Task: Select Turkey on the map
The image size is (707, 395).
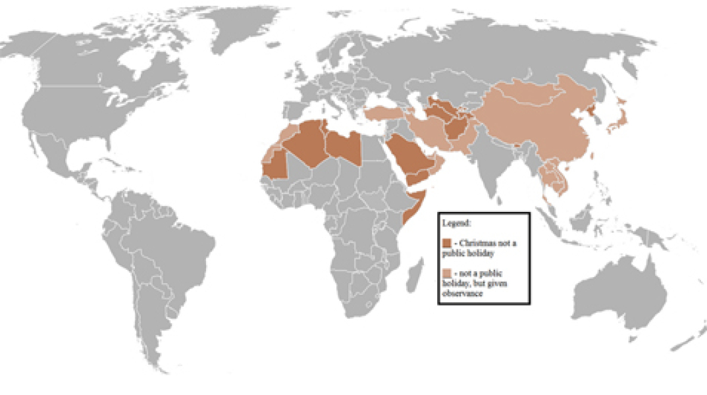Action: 382,114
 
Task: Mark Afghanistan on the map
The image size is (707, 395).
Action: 457,129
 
